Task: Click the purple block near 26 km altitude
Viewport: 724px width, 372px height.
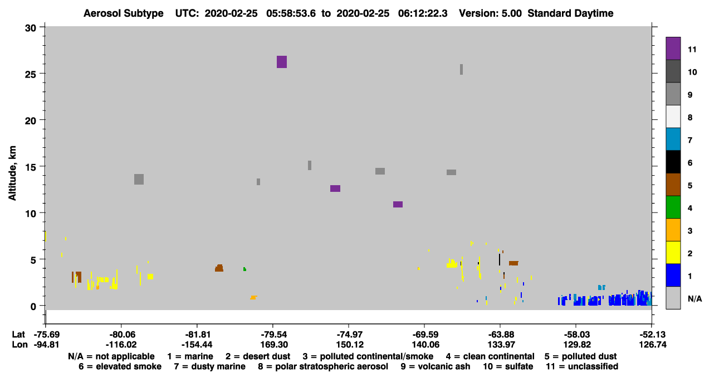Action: tap(281, 62)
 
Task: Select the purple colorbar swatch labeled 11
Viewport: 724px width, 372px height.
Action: tap(673, 49)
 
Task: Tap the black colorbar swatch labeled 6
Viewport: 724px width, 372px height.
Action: tap(673, 162)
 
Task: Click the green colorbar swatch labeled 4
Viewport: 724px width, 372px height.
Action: tap(673, 207)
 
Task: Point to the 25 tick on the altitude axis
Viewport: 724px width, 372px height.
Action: tap(31, 74)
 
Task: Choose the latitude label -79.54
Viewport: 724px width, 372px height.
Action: tap(273, 334)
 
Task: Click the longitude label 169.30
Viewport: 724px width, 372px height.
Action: tap(274, 345)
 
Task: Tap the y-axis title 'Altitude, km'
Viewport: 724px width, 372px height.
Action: tap(12, 173)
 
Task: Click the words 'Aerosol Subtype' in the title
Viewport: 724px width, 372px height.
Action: tap(124, 13)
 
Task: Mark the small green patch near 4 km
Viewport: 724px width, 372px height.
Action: tap(244, 269)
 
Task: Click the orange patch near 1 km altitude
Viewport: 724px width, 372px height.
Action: tap(253, 297)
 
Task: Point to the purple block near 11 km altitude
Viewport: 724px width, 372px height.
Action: tap(398, 204)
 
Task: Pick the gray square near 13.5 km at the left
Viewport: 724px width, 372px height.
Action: tap(139, 180)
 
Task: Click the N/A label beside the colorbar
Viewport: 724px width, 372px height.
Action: tap(694, 298)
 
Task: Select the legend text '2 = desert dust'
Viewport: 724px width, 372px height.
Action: tap(258, 356)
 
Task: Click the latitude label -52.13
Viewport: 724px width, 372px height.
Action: tap(652, 334)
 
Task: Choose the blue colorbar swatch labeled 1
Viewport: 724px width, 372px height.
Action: tap(673, 275)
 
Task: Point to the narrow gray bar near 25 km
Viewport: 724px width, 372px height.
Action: tap(461, 69)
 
